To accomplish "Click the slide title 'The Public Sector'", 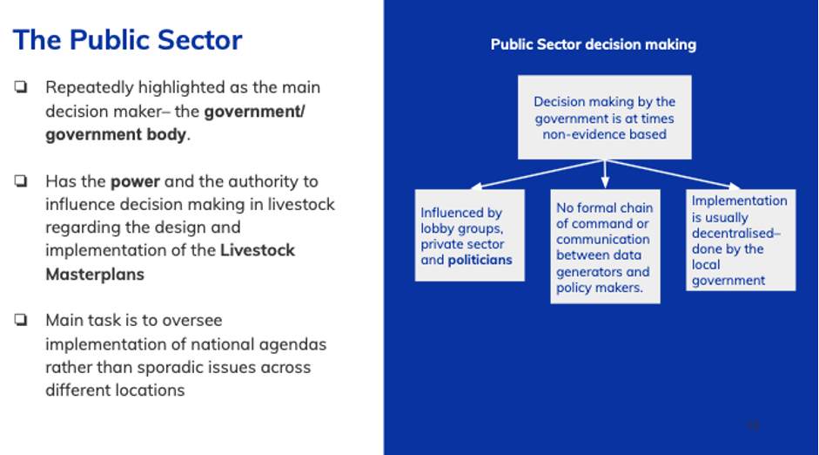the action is pyautogui.click(x=127, y=40).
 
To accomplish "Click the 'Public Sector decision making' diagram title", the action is pyautogui.click(x=594, y=45).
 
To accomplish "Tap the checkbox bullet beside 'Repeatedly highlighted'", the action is pyautogui.click(x=21, y=87).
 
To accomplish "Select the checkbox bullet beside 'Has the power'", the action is pyautogui.click(x=21, y=181).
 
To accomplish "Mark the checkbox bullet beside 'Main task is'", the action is pyautogui.click(x=21, y=320).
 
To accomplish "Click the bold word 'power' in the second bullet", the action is pyautogui.click(x=135, y=181).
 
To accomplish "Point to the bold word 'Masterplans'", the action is pyautogui.click(x=95, y=274).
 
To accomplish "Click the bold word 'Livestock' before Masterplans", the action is pyautogui.click(x=258, y=250).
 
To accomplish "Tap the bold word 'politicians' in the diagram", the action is pyautogui.click(x=480, y=260).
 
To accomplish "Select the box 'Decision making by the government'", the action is pyautogui.click(x=604, y=117).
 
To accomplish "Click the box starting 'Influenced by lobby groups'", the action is pyautogui.click(x=470, y=235).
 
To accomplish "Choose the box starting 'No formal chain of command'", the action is pyautogui.click(x=605, y=247).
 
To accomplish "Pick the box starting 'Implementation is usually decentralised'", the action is pyautogui.click(x=741, y=240).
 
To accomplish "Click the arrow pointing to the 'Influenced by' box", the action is pyautogui.click(x=537, y=173).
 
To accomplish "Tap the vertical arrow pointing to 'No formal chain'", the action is pyautogui.click(x=605, y=174).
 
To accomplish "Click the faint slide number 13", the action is pyautogui.click(x=753, y=425).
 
